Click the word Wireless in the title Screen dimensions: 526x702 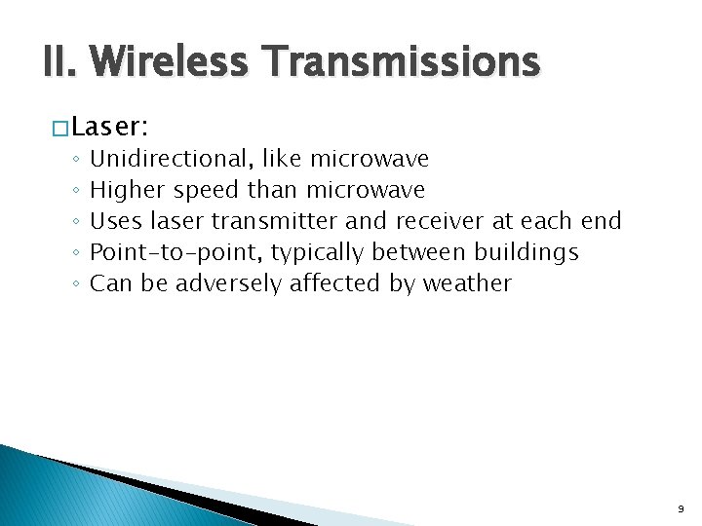coord(172,63)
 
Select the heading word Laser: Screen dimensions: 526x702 coord(110,128)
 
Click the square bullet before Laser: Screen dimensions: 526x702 coord(61,129)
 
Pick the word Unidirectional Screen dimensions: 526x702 coord(172,159)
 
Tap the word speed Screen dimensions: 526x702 coord(206,191)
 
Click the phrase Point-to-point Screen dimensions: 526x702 coord(176,253)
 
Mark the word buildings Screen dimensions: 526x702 coord(526,252)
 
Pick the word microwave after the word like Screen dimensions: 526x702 coord(370,159)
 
